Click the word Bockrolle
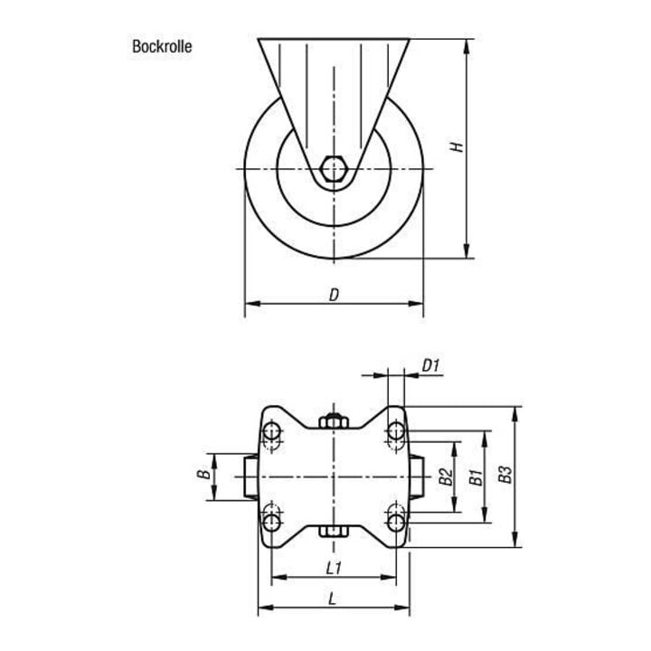tap(162, 46)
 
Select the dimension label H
tap(457, 147)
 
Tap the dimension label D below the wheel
tap(335, 295)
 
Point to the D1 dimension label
tap(430, 366)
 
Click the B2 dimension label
tap(446, 476)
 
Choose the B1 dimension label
tap(476, 477)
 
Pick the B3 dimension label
tap(505, 475)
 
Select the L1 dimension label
tap(335, 568)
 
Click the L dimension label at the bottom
tap(332, 599)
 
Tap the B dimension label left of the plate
tap(203, 473)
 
